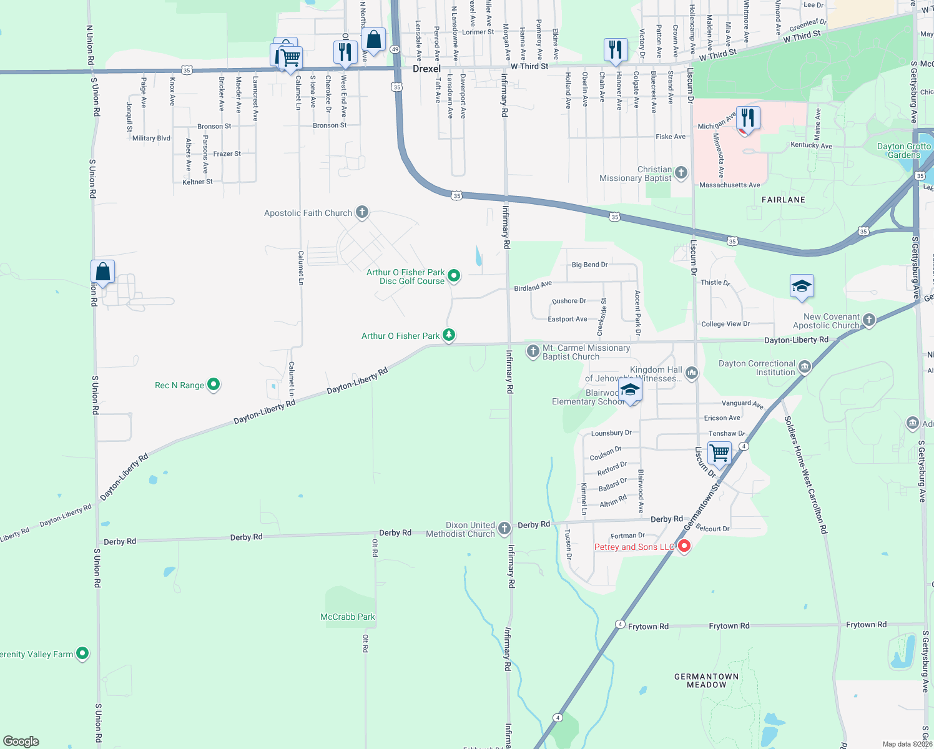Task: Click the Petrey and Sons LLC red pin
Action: (684, 547)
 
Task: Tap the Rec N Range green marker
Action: (214, 384)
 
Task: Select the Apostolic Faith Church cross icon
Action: (362, 212)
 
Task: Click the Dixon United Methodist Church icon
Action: (504, 529)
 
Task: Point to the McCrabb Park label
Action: (348, 617)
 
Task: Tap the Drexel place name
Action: (426, 69)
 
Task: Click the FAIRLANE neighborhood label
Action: (784, 200)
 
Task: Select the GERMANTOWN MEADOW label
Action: (707, 680)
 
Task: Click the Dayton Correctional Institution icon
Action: (805, 367)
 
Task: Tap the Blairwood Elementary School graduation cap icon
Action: (630, 391)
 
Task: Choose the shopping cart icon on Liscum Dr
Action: (719, 453)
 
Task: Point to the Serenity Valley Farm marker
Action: (82, 654)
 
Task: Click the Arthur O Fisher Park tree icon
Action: (449, 335)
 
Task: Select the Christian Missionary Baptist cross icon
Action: (681, 172)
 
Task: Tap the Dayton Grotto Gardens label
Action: (903, 150)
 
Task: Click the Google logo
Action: (21, 741)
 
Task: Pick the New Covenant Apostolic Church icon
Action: (868, 320)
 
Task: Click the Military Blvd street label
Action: (151, 139)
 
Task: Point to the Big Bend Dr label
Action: (589, 265)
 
